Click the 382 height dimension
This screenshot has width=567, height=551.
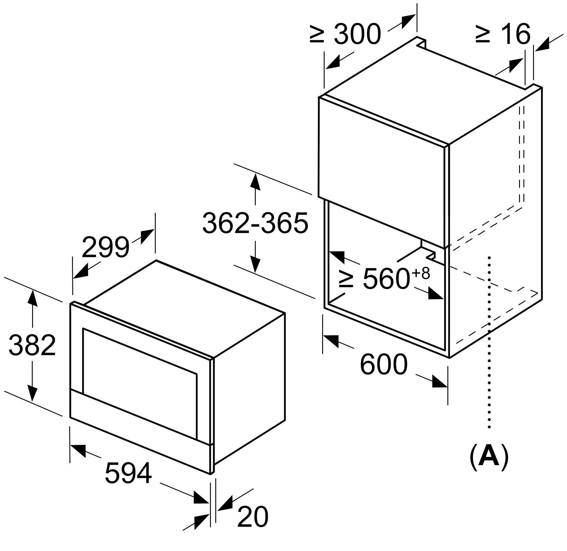[x=32, y=345]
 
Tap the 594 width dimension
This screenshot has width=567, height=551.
[x=128, y=473]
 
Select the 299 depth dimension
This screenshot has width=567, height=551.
[x=105, y=247]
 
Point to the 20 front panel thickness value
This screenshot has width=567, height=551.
[x=253, y=516]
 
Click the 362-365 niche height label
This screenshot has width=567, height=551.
[x=255, y=223]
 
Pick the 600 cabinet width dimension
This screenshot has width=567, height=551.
[x=384, y=364]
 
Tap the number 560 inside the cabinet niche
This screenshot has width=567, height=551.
[x=386, y=278]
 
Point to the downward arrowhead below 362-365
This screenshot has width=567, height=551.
[x=255, y=264]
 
